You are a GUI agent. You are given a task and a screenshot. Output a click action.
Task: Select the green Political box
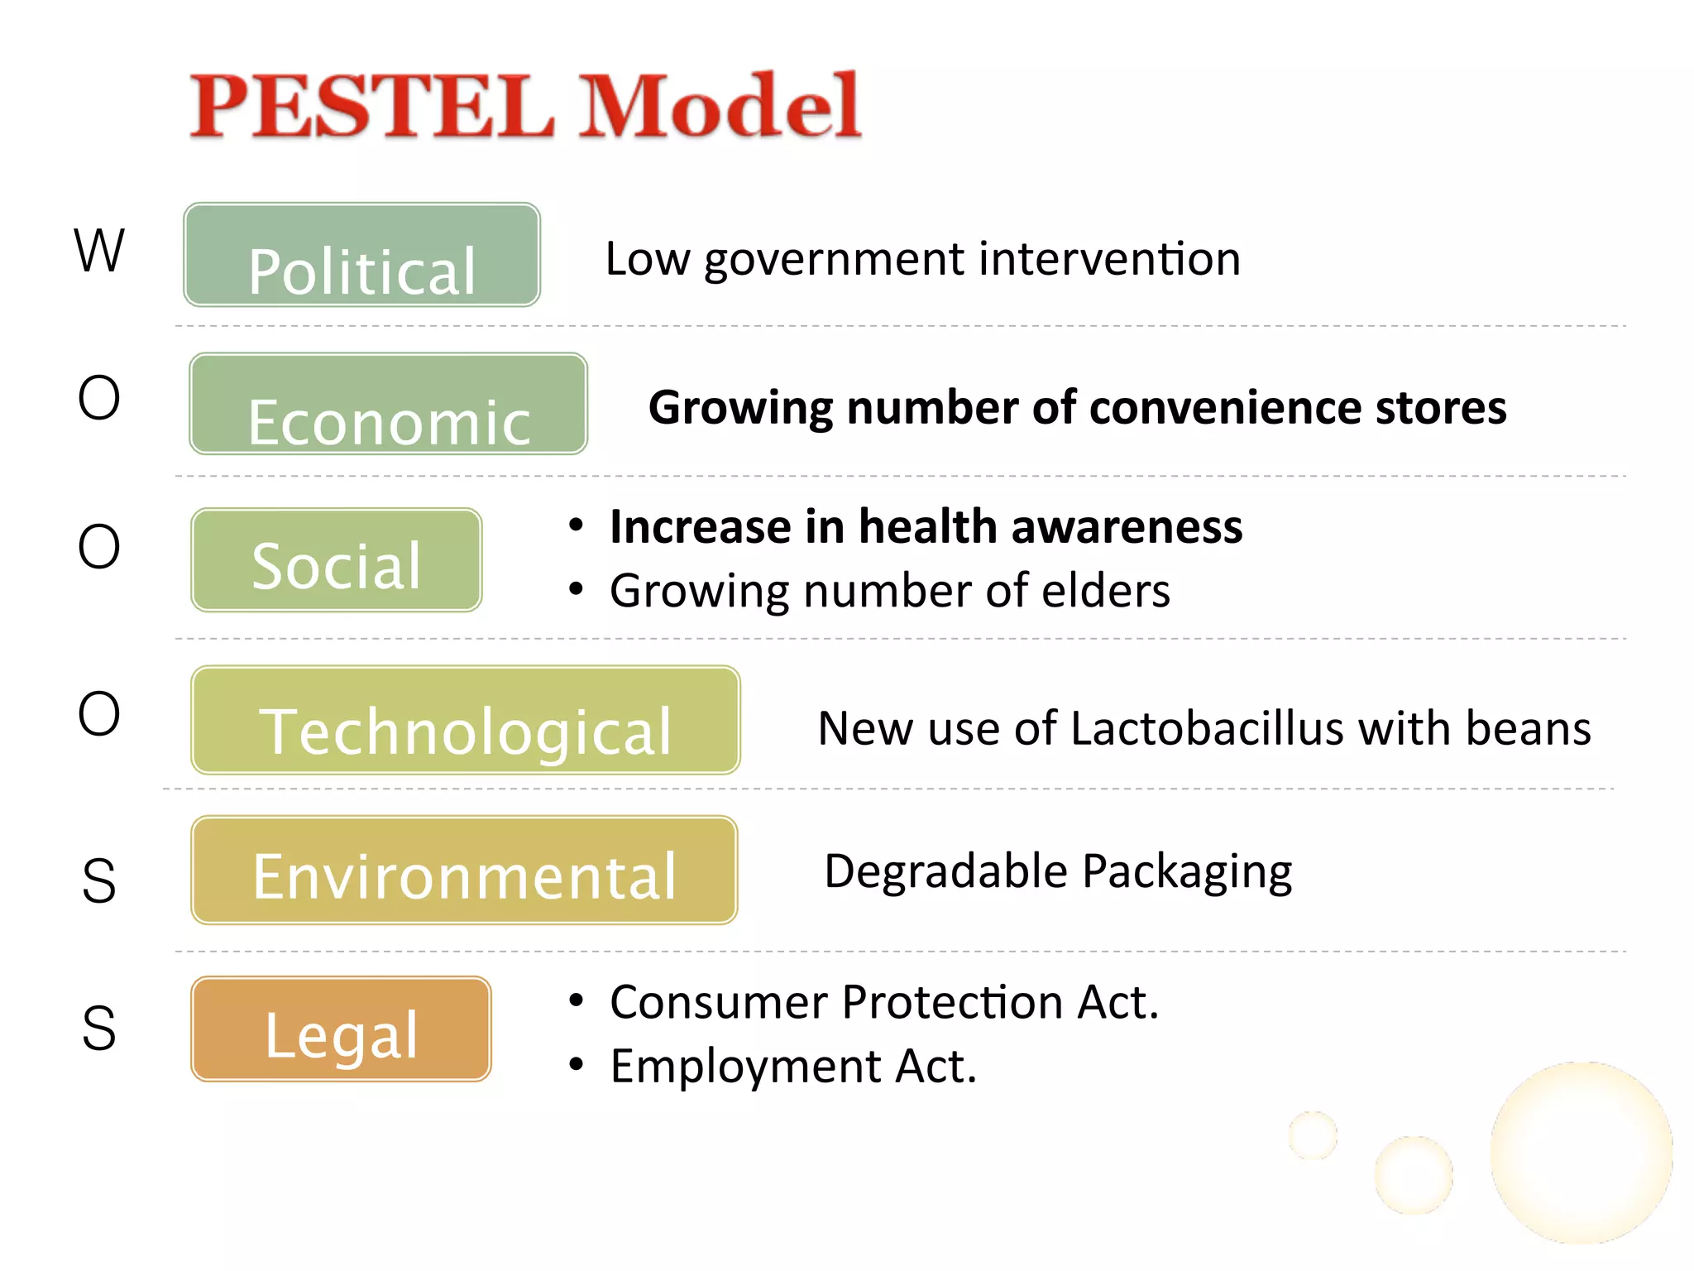[x=361, y=255]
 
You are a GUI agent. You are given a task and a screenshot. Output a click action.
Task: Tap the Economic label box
[x=388, y=404]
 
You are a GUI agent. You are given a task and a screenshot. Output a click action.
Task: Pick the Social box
[x=336, y=560]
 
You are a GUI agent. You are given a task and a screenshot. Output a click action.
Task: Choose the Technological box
[x=465, y=720]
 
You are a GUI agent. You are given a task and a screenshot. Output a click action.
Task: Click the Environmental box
[x=464, y=870]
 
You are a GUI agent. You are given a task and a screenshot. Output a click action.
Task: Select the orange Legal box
[x=341, y=1029]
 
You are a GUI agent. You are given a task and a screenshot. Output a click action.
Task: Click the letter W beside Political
[x=99, y=250]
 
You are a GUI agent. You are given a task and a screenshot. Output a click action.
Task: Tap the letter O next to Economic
[x=99, y=398]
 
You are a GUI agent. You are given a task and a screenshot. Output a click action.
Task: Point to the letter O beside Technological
[x=99, y=713]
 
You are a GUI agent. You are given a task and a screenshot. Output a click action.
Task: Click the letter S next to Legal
[x=99, y=1029]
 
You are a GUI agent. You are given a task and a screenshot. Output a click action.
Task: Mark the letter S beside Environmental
[x=99, y=880]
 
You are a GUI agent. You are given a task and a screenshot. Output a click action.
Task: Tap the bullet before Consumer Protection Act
[x=577, y=1001]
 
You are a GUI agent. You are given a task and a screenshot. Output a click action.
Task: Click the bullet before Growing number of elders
[x=577, y=590]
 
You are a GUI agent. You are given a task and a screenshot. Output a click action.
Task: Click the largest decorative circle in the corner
[x=1580, y=1153]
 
